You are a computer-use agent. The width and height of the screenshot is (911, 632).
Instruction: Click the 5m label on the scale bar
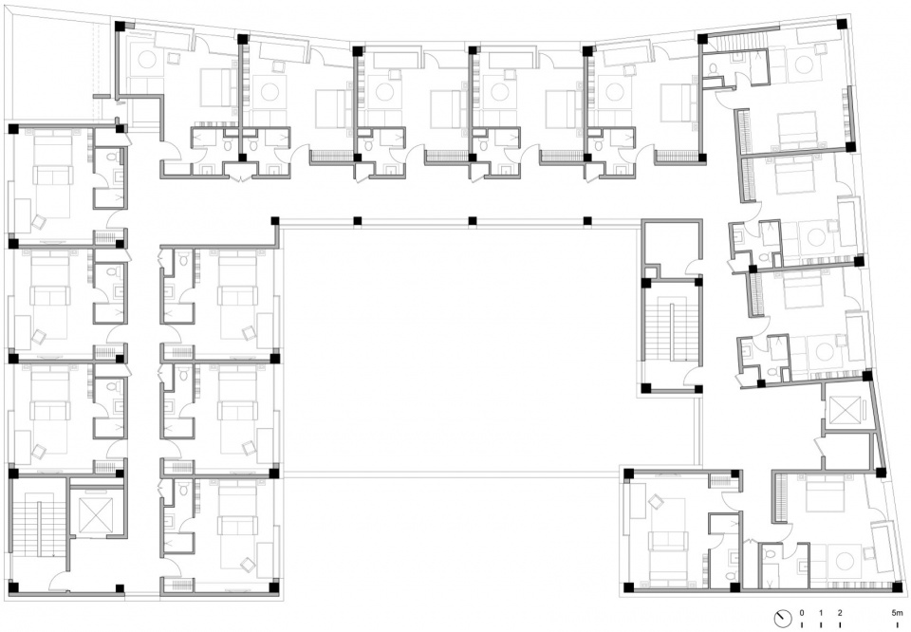898,613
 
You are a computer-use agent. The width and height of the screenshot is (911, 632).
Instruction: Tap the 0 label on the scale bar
802,613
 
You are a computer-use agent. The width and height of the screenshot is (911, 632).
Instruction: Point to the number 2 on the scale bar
840,613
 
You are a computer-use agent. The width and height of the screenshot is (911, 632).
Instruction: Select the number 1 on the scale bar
821,613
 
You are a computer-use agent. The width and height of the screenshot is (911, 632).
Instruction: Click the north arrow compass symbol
782,618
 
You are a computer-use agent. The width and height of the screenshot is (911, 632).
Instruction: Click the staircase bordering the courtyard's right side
671,335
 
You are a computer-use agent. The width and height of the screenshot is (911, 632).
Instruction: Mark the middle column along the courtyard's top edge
473,221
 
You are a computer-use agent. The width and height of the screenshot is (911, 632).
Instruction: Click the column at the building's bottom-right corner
897,587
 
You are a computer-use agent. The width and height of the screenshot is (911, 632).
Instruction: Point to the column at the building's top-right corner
842,25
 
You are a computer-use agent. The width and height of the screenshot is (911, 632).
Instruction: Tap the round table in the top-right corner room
804,65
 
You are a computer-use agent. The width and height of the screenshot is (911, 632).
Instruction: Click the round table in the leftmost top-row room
145,61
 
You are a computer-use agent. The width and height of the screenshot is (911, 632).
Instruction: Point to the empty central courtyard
459,348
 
